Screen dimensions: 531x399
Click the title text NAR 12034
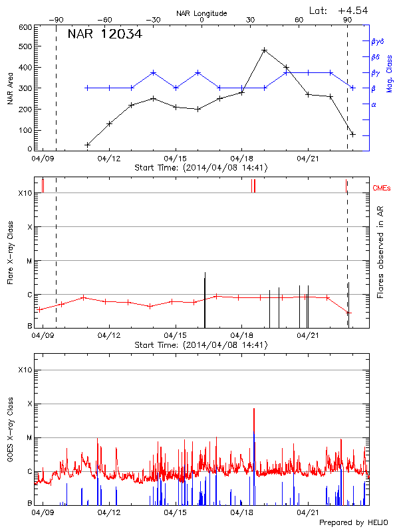[x=104, y=34]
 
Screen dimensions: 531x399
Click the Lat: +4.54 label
[x=338, y=10]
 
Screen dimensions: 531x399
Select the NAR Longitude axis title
[x=202, y=13]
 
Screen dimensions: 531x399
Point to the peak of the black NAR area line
[x=264, y=50]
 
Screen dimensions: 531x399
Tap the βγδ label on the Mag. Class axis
[x=378, y=41]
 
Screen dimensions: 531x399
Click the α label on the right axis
[x=373, y=104]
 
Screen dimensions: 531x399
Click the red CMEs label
[x=382, y=189]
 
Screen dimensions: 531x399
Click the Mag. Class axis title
[x=389, y=88]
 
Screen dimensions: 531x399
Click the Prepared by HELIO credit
[x=352, y=522]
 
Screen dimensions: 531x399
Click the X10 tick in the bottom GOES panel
[x=25, y=370]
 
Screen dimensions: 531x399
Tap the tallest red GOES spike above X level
[x=254, y=410]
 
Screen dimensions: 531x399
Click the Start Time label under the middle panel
[x=201, y=345]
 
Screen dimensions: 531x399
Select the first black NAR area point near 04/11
[x=87, y=145]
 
